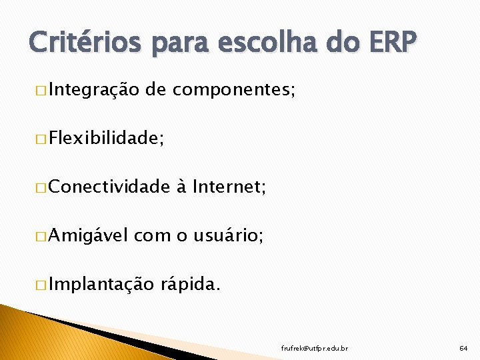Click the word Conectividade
(x=109, y=187)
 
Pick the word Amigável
(x=89, y=236)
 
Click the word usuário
(x=228, y=236)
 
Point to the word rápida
(x=190, y=285)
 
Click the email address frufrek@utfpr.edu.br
(x=314, y=348)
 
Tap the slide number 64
(x=463, y=348)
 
